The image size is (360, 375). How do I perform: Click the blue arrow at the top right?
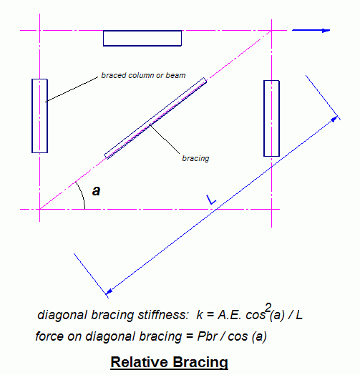[x=311, y=30]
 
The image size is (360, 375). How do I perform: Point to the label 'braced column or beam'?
[x=143, y=75]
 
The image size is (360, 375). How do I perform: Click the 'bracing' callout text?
[x=195, y=158]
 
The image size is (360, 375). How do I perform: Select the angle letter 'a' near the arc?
[x=96, y=191]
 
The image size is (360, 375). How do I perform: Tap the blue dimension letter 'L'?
[x=211, y=200]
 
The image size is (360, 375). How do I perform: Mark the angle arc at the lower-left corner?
[x=82, y=194]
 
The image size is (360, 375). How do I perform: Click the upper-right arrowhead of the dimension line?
[x=334, y=119]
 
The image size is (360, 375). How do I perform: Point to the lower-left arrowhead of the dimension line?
[x=109, y=291]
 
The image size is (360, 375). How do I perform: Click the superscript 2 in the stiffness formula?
[x=268, y=307]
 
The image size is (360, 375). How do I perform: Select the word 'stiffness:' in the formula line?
[x=163, y=315]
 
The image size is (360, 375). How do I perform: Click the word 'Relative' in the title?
[x=140, y=362]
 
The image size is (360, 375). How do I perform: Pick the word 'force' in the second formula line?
[x=50, y=336]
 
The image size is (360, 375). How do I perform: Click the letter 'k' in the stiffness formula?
[x=200, y=315]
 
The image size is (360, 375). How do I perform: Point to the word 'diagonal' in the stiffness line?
[x=62, y=315]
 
